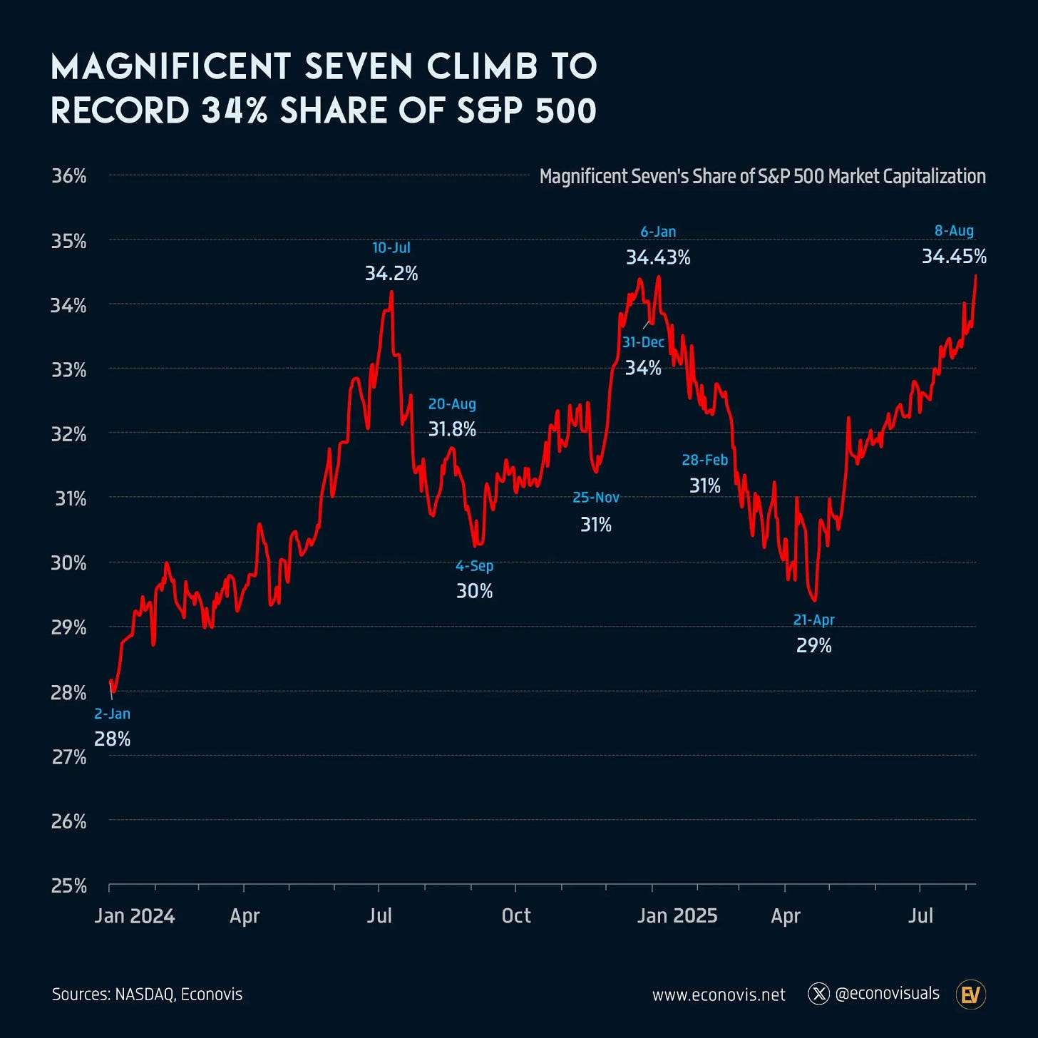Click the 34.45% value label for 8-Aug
tap(954, 256)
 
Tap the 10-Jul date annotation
tap(391, 247)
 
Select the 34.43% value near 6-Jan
tap(658, 257)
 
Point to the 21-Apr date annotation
tap(813, 620)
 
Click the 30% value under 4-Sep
tap(474, 591)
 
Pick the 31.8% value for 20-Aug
tap(452, 429)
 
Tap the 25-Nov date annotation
tap(596, 497)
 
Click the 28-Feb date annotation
tap(704, 460)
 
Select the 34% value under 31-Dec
tap(643, 368)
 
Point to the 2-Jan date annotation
tap(112, 714)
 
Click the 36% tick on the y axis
tap(69, 176)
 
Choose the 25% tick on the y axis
tap(69, 885)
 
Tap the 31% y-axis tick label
tap(71, 498)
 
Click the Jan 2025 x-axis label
tap(677, 915)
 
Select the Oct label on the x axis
tap(516, 915)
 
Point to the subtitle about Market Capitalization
tap(762, 176)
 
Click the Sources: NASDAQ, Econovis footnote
tap(147, 994)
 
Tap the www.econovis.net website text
tap(719, 995)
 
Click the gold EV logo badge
tap(970, 994)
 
